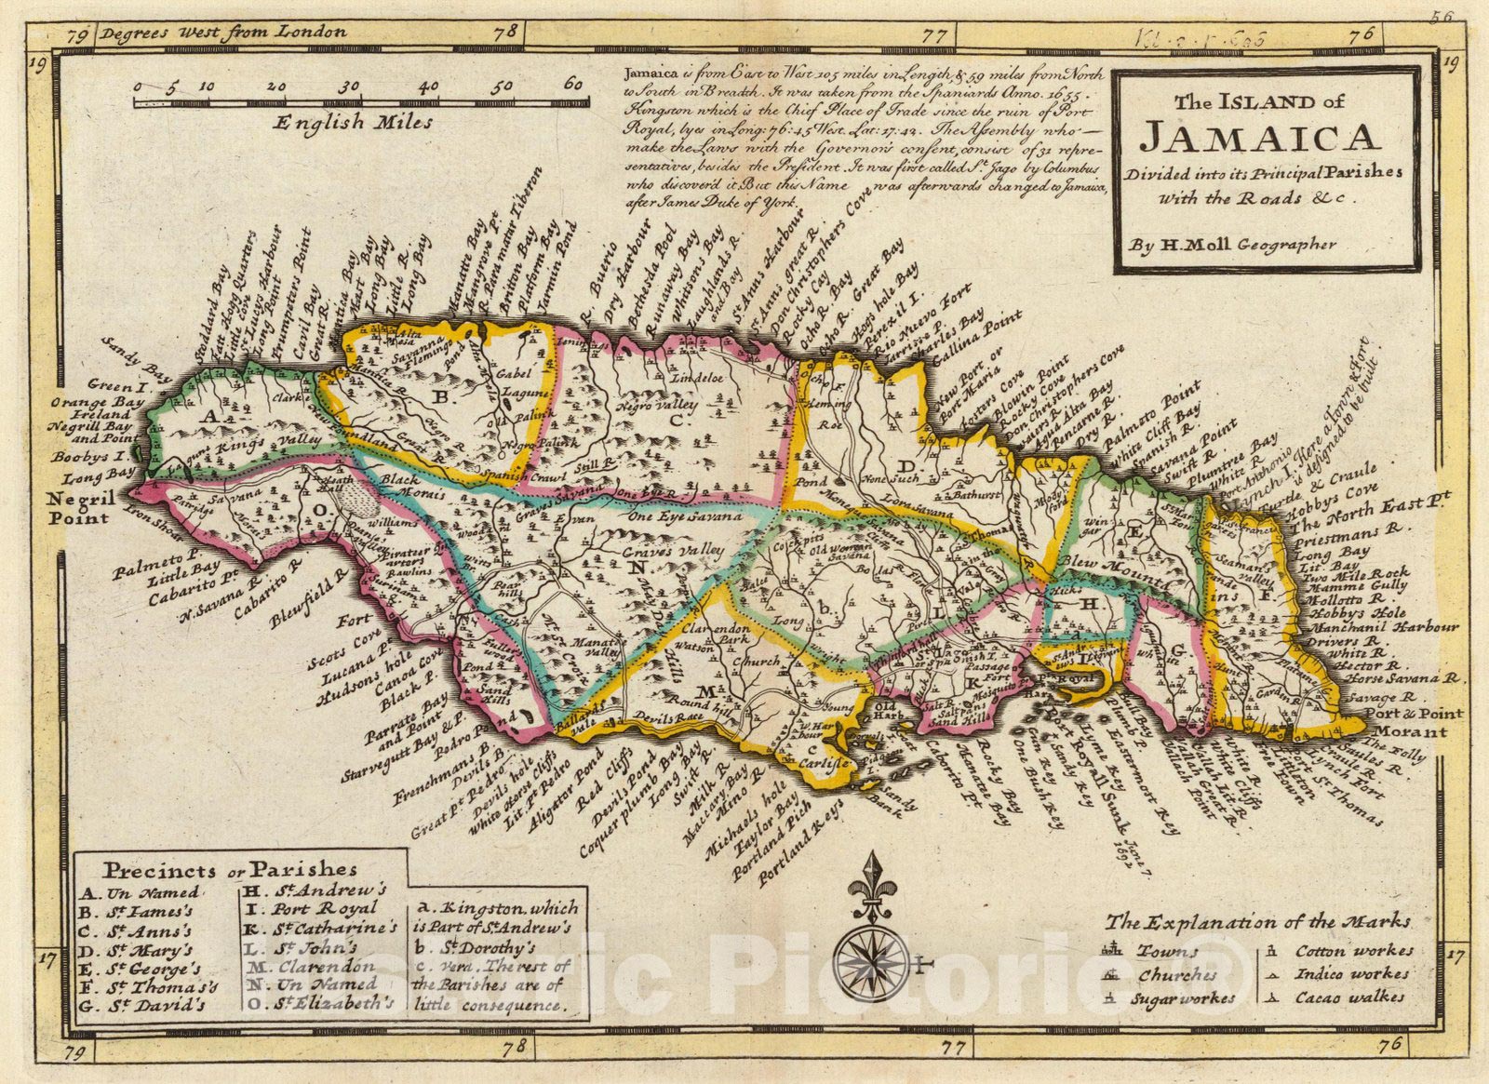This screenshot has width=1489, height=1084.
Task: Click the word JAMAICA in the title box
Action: (x=1258, y=138)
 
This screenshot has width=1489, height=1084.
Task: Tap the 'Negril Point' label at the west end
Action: (x=82, y=506)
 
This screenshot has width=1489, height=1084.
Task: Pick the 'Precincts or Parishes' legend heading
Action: (x=230, y=870)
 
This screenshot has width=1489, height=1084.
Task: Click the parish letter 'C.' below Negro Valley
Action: (x=677, y=422)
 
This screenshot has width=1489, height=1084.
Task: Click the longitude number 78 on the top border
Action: (x=506, y=32)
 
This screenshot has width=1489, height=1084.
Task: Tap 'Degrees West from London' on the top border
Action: (x=223, y=32)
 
